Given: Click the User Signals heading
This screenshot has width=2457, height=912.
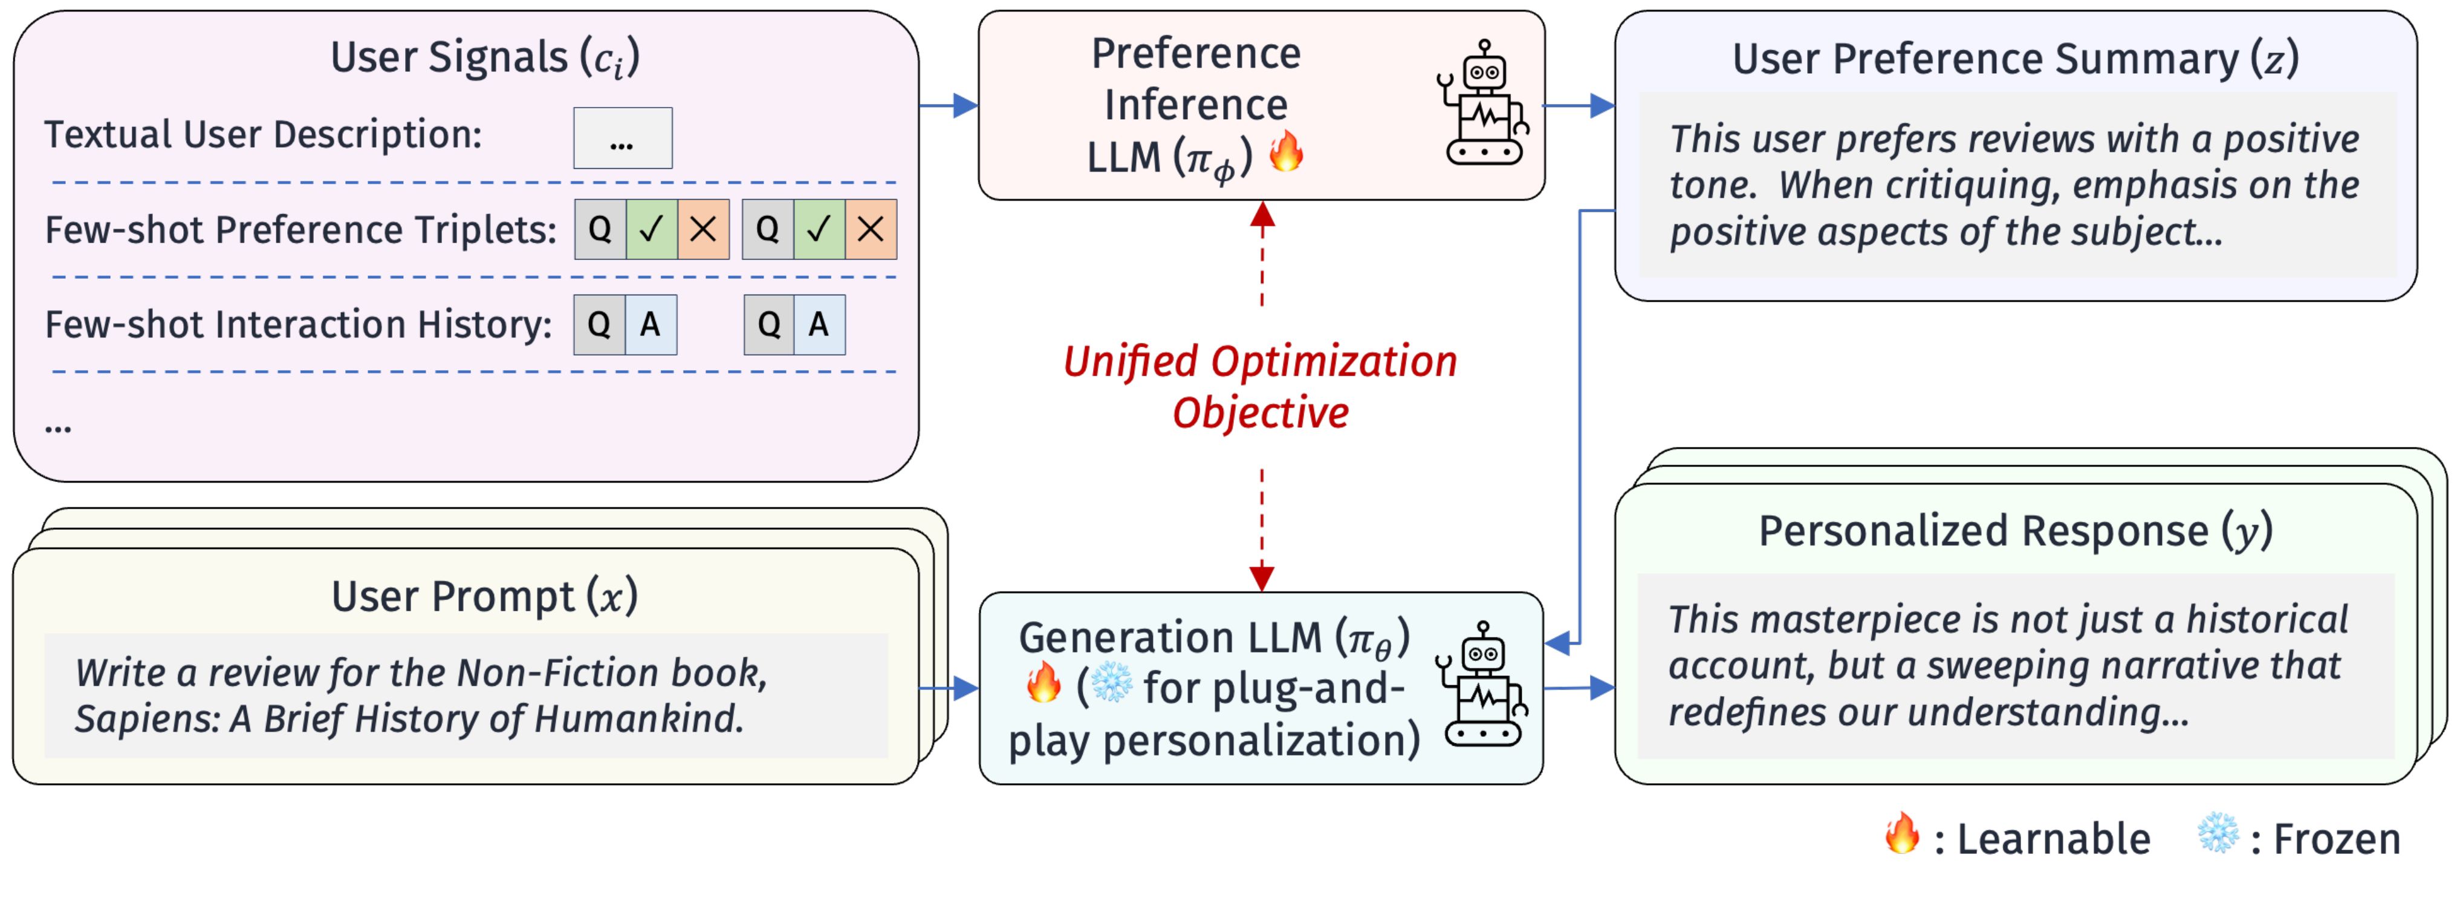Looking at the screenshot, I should click(484, 57).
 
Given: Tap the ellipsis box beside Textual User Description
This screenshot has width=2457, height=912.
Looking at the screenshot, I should click(622, 138).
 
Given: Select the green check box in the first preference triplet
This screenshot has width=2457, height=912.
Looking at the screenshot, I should click(652, 229).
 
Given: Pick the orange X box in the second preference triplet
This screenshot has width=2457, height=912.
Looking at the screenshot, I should click(870, 229).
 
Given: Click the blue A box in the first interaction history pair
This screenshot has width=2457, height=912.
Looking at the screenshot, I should click(651, 324).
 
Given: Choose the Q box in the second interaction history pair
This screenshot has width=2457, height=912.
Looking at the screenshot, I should click(769, 324).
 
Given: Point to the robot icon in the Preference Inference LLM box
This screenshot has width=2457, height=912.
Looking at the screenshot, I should click(1483, 103).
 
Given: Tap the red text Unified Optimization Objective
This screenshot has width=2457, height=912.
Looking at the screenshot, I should click(1260, 386).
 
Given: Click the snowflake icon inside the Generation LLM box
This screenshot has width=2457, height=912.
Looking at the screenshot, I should click(1111, 683).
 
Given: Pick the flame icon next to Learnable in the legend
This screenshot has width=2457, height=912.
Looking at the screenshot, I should click(1901, 834).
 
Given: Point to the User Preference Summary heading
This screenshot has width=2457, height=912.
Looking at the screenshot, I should click(2014, 59).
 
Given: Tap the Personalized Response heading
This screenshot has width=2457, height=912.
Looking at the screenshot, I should click(2014, 530).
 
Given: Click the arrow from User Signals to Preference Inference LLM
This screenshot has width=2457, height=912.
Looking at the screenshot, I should click(949, 105).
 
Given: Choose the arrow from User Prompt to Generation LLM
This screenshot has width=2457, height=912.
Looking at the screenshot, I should click(950, 688).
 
